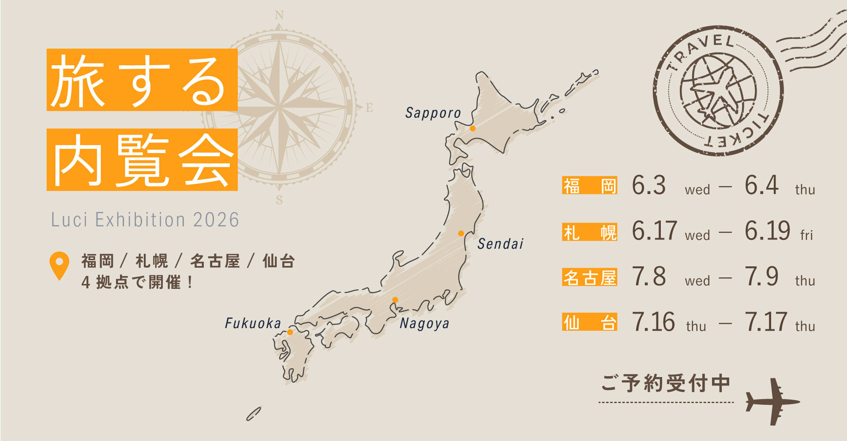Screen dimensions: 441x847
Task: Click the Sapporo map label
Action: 433,113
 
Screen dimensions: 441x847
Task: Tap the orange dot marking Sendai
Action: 461,233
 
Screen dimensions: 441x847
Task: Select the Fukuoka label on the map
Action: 253,324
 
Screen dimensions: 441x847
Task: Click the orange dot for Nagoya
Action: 395,300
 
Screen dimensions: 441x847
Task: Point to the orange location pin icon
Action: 59,265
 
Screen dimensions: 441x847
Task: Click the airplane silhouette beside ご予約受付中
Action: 772,402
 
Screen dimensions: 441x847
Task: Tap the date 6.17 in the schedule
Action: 654,231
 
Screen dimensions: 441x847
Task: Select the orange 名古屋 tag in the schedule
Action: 589,277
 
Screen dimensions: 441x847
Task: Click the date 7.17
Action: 766,322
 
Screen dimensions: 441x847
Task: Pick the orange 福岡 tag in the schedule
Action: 589,186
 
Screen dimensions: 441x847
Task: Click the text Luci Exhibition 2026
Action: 145,220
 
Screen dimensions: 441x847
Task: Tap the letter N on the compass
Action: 279,15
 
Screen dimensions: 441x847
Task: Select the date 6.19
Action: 767,231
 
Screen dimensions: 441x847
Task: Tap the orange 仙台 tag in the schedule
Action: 589,322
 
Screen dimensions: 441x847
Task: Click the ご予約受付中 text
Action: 665,383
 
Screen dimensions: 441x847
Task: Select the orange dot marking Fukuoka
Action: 290,332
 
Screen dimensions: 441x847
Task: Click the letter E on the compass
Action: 369,107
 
